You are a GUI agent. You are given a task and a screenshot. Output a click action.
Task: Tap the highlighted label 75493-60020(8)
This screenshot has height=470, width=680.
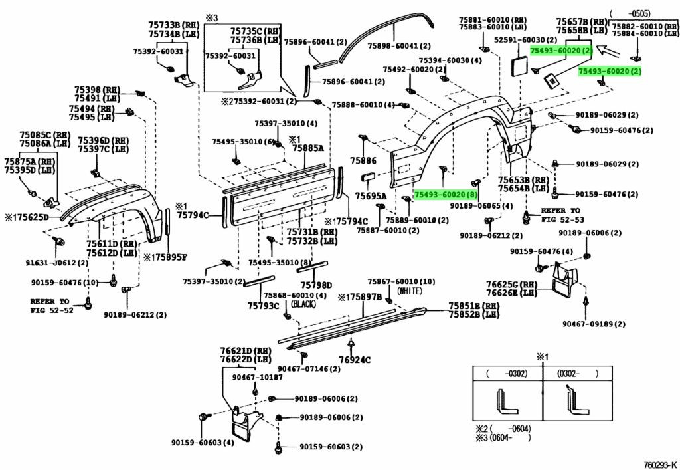coord(446,194)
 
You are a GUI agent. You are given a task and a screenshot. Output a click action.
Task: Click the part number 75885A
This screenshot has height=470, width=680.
coord(308,149)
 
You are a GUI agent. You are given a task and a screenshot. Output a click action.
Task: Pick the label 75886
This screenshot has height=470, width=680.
coord(363,160)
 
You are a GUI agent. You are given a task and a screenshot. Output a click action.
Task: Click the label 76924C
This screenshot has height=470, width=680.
coord(355,360)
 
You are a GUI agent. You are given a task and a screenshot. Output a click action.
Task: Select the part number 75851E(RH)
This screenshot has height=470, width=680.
coord(473,305)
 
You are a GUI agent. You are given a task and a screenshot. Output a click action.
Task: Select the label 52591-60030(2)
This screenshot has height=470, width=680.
coord(520,40)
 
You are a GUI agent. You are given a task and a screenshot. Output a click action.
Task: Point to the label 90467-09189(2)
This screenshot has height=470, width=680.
coord(594,324)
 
